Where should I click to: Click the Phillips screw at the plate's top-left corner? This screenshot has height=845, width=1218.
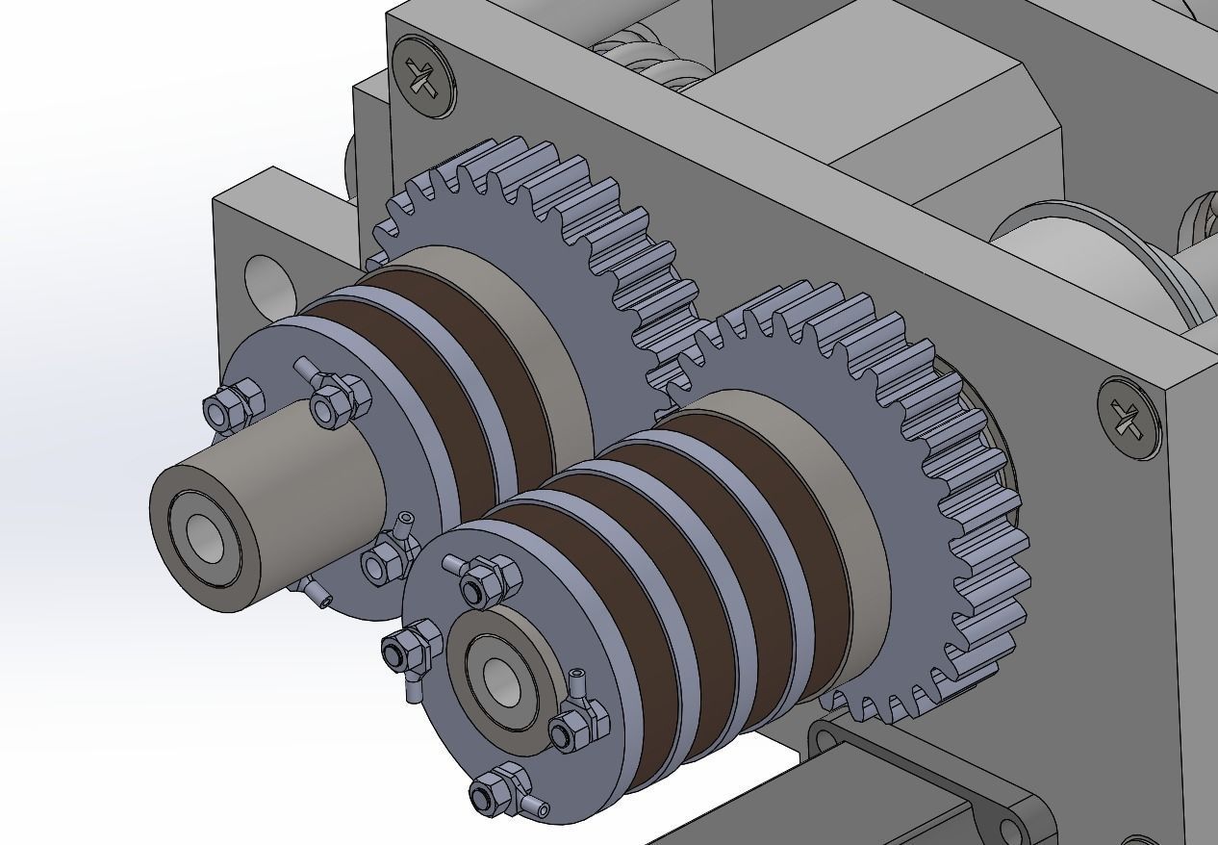(423, 77)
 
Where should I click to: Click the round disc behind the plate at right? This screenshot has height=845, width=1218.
(1087, 250)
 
